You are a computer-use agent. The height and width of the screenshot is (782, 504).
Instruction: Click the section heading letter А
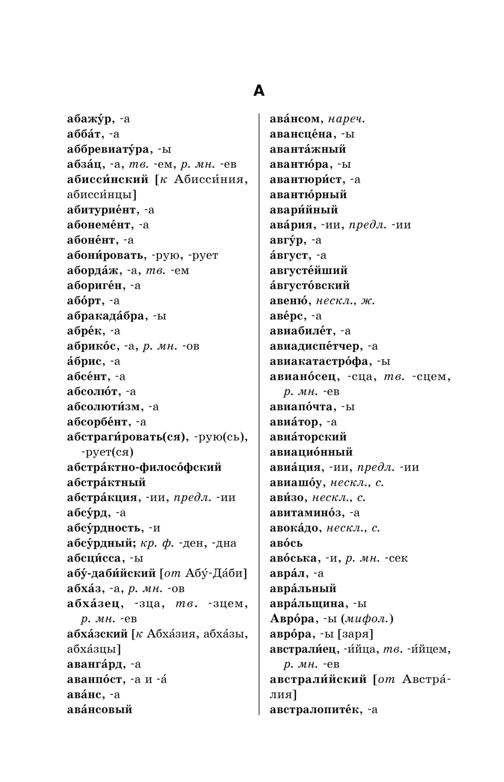258,91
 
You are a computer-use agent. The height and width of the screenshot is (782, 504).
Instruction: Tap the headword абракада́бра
106,316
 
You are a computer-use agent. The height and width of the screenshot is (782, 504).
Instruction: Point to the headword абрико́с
92,347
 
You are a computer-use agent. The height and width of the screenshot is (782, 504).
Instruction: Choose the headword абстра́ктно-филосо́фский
144,468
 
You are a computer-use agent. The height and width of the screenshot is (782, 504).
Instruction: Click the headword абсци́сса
94,558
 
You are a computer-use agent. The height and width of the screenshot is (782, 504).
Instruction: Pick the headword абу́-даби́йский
111,573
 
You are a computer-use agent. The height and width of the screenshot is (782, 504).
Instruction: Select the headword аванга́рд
95,664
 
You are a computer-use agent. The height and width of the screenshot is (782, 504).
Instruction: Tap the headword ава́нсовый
99,709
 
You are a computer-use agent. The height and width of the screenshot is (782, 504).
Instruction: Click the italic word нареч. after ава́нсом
346,119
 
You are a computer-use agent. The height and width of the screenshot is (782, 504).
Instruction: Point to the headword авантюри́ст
305,180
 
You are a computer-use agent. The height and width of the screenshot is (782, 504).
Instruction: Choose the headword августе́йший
308,271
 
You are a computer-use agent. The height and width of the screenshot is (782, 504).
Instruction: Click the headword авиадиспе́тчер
316,347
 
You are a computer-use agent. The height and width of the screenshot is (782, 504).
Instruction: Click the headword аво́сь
286,543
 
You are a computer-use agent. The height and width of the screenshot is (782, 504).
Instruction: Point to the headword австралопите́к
316,710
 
